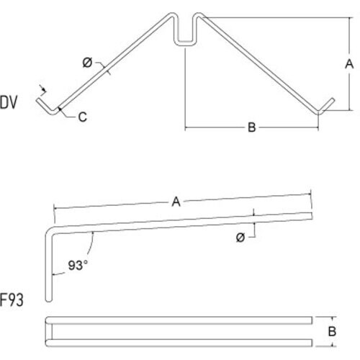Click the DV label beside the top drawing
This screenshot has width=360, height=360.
point(9,102)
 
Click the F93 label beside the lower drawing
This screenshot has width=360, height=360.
point(12,300)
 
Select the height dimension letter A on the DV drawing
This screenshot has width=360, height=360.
point(348,64)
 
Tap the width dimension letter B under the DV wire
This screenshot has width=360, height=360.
point(252,128)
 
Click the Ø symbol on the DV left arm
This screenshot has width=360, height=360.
point(87,63)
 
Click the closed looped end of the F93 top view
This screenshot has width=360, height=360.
point(48,329)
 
